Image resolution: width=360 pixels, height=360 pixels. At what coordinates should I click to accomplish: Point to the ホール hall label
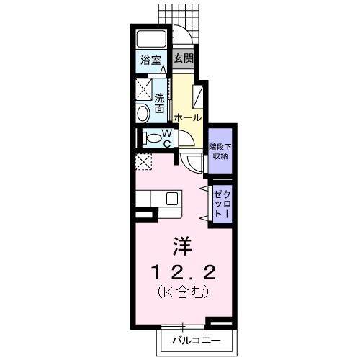pos(186,117)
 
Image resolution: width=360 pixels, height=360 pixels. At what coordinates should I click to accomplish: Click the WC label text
pos(165,138)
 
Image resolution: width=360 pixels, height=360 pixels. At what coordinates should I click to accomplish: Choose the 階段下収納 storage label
pos(219,151)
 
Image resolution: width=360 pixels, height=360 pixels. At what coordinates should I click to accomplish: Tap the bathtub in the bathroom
pos(151,39)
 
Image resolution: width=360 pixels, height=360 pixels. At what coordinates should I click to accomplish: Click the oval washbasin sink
pos(142,112)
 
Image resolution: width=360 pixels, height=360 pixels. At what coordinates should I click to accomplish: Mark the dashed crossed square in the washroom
pos(142,90)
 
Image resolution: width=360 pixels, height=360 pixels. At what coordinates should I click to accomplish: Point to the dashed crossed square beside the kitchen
pos(143,162)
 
